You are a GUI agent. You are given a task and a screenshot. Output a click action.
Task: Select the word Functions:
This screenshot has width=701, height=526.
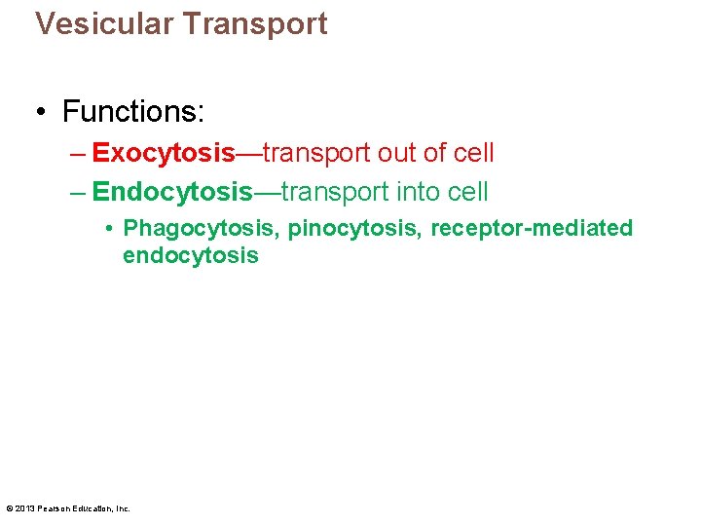point(132,111)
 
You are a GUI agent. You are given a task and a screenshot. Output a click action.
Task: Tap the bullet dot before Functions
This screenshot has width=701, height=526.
point(44,112)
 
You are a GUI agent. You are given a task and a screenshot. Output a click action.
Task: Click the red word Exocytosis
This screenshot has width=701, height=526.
point(164,153)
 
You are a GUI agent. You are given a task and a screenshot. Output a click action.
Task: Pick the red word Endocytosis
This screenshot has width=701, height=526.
point(171,192)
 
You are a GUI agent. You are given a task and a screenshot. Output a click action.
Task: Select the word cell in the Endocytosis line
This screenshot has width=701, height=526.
point(470,192)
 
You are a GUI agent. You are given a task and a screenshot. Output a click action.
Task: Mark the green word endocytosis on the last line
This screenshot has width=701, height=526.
point(190,256)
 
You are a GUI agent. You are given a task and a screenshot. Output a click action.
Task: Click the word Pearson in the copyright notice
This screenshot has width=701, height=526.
point(55,508)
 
